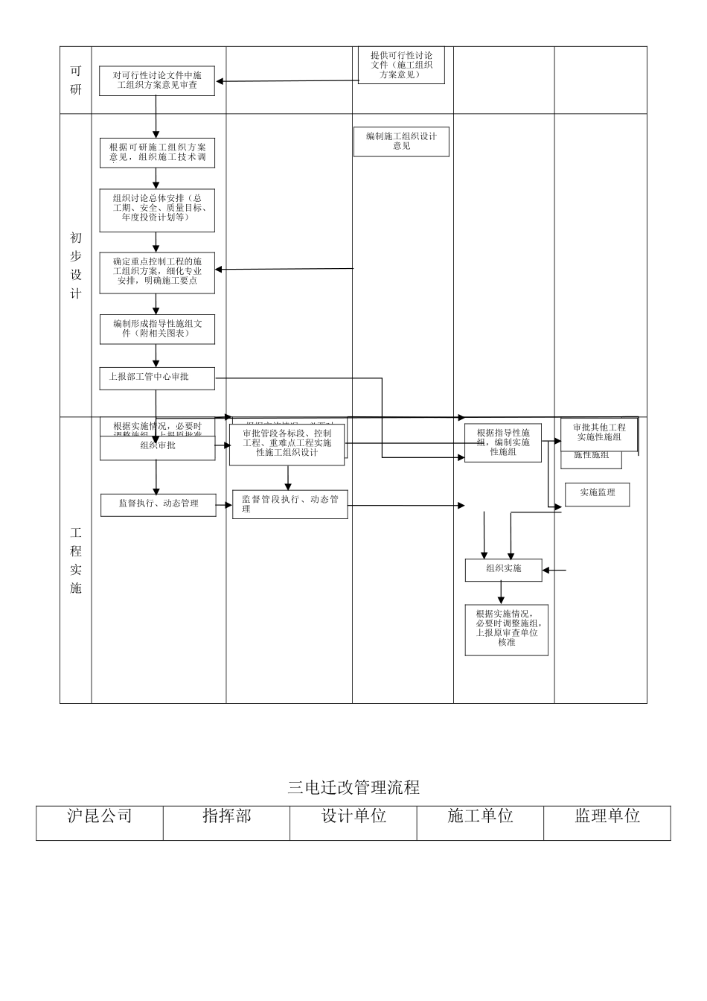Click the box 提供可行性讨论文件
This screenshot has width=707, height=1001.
401,65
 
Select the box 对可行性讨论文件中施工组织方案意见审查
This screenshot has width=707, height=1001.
157,81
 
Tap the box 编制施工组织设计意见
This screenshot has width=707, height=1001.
401,142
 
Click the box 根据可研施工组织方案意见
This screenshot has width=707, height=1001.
157,153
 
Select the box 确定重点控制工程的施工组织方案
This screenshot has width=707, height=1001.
157,272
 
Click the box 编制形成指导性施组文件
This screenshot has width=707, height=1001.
157,329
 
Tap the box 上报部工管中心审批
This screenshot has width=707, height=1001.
157,378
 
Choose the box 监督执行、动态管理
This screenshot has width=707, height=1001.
158,504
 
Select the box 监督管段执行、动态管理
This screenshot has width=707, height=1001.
289,504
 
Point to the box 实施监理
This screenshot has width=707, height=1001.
597,494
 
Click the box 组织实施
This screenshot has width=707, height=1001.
503,570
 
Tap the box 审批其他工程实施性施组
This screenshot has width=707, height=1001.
599,433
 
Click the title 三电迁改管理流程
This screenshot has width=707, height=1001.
353,787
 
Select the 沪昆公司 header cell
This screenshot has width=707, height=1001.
100,817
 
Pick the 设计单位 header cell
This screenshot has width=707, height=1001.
353,817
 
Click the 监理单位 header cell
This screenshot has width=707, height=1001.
607,817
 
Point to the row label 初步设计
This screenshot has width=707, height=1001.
76,265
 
